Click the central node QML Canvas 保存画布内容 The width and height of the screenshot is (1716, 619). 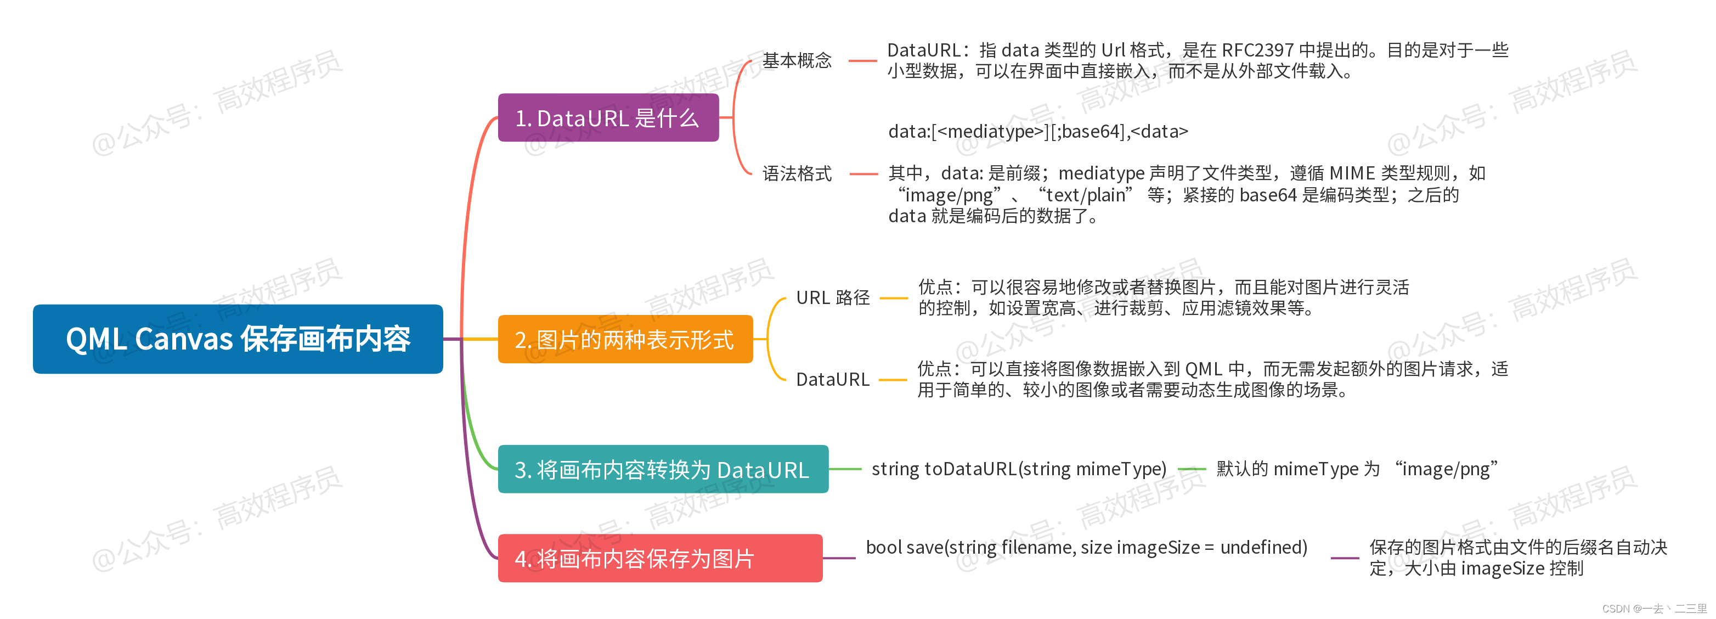point(238,339)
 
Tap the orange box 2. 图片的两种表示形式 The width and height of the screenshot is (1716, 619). point(624,339)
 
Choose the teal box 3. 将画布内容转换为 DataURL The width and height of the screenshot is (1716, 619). point(662,469)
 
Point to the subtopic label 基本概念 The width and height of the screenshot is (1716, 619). point(797,60)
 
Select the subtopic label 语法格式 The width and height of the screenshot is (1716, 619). point(797,174)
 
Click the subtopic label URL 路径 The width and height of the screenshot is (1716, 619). point(833,298)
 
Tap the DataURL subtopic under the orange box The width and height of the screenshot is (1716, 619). point(833,379)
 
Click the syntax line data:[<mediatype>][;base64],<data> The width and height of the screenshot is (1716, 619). point(1038,131)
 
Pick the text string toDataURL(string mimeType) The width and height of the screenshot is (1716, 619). point(1019,469)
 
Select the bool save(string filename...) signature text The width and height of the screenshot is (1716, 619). point(1086,547)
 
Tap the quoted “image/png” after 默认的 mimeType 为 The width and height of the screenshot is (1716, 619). point(1446,469)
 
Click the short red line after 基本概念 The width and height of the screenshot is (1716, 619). point(862,60)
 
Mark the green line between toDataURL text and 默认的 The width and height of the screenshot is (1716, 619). point(1191,469)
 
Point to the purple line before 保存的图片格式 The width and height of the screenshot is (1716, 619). point(1344,558)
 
